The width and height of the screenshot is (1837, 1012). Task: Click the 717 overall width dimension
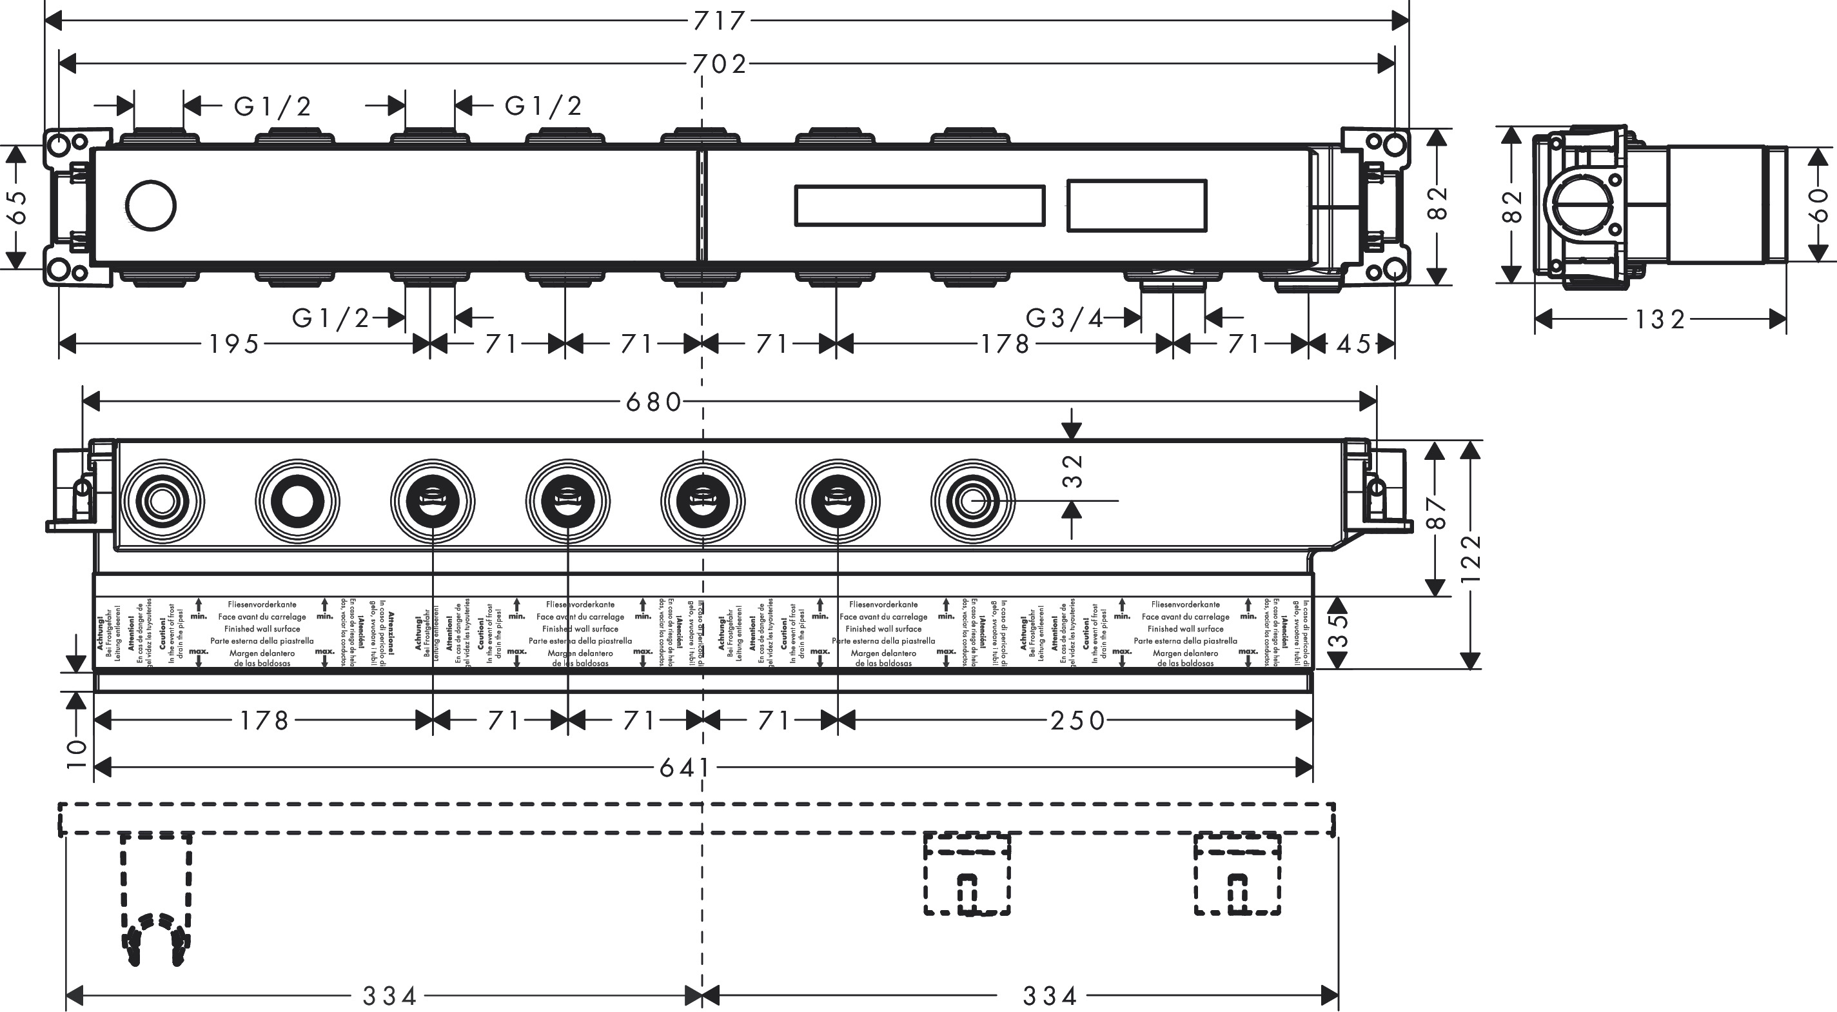[720, 21]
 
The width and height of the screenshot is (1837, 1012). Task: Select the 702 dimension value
[720, 64]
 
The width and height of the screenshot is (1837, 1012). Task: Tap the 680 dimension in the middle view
[654, 402]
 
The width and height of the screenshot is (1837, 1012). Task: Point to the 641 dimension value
[685, 768]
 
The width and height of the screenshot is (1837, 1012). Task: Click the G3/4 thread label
[1065, 318]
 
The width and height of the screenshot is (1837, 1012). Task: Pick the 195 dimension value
[235, 344]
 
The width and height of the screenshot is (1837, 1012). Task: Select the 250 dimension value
[1077, 721]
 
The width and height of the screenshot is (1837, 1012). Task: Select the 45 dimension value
[1353, 344]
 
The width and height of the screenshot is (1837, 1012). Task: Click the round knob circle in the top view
[150, 205]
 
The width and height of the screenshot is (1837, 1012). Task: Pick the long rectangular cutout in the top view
[919, 206]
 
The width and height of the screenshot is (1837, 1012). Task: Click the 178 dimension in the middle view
[264, 721]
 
